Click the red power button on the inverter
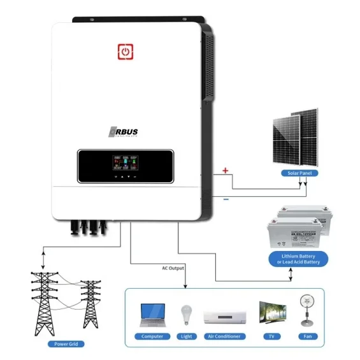pyautogui.click(x=126, y=51)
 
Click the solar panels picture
pyautogui.click(x=295, y=138)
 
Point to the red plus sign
pyautogui.click(x=225, y=170)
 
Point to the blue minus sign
pyautogui.click(x=226, y=199)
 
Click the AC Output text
pyautogui.click(x=174, y=268)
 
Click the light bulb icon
pyautogui.click(x=187, y=314)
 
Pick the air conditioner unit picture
pyautogui.click(x=224, y=317)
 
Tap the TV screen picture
pyautogui.click(x=270, y=313)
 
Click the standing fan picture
pyautogui.click(x=305, y=312)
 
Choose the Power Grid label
pyautogui.click(x=66, y=343)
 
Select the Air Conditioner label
pyautogui.click(x=224, y=336)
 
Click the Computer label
pyautogui.click(x=152, y=336)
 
